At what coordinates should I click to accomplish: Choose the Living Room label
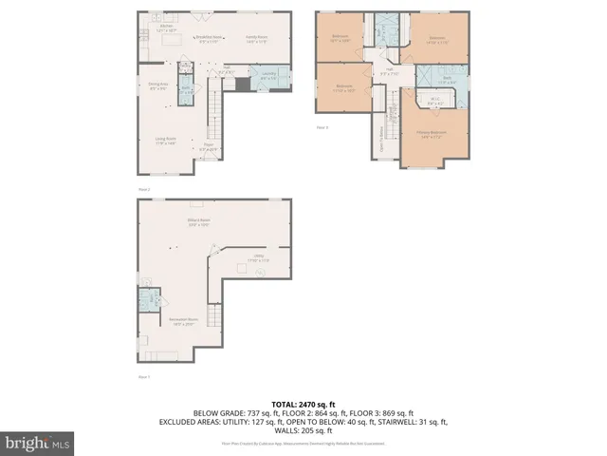pyautogui.click(x=165, y=142)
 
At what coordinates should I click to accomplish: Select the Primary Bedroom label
pyautogui.click(x=432, y=135)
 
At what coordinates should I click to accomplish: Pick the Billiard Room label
pyautogui.click(x=197, y=224)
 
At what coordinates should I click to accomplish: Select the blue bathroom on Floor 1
pyautogui.click(x=150, y=301)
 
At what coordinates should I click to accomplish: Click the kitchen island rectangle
pyautogui.click(x=173, y=42)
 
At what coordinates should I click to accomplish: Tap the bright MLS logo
pyautogui.click(x=38, y=443)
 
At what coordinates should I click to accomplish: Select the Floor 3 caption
pyautogui.click(x=322, y=126)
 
